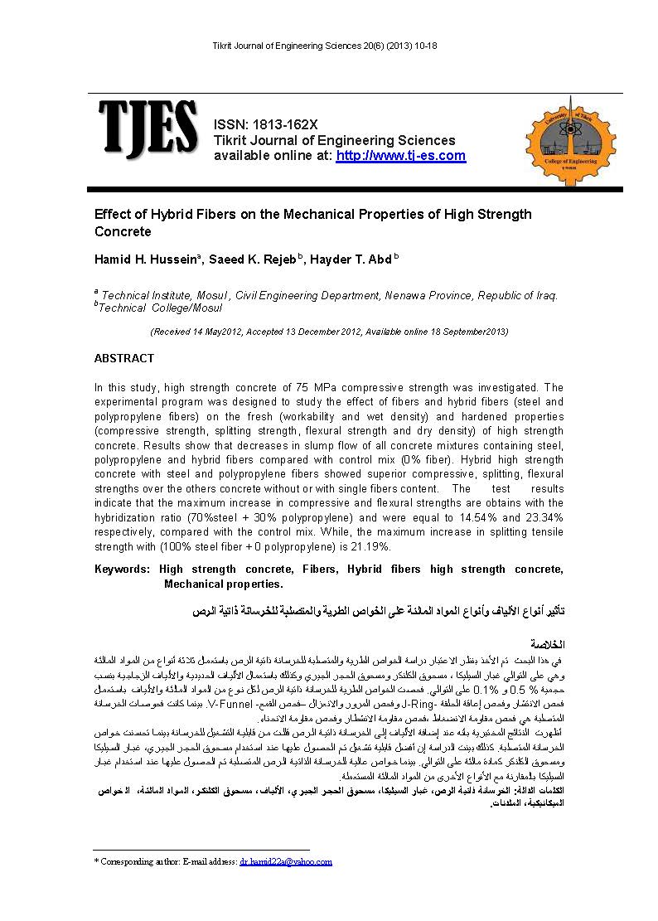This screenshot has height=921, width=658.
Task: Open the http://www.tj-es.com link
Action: (400, 156)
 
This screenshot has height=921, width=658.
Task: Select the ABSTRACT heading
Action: (124, 358)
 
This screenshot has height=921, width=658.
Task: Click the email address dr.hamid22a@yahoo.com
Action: (286, 861)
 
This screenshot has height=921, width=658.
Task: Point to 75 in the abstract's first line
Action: (293, 387)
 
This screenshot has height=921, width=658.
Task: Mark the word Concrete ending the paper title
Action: (123, 232)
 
